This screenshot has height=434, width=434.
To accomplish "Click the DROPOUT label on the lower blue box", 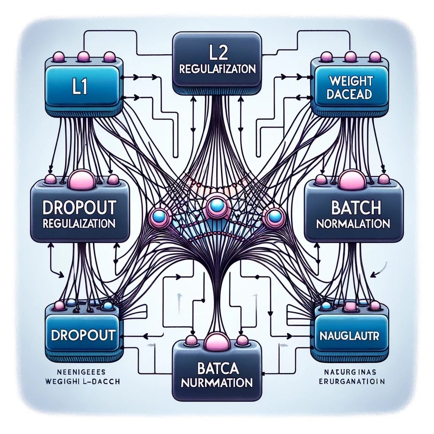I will tap(83, 335).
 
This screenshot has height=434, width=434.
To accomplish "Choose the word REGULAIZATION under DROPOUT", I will tap(80, 223).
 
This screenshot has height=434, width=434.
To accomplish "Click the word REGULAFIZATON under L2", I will tap(217, 70).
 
